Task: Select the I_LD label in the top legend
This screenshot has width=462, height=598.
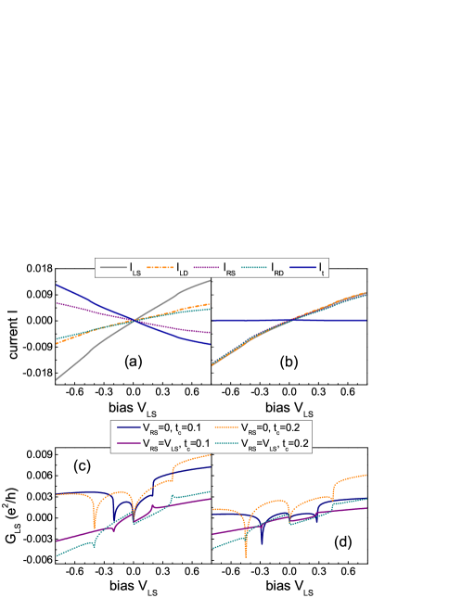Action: [183, 269]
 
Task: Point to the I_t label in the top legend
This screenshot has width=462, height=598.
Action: [320, 269]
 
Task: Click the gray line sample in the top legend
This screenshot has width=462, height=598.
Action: [111, 268]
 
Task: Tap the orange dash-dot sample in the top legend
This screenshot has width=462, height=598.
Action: [160, 268]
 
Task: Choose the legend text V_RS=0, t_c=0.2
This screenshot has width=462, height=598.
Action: [273, 429]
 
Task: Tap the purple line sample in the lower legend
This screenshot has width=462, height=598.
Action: [127, 444]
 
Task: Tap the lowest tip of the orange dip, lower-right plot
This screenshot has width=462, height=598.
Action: [246, 555]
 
